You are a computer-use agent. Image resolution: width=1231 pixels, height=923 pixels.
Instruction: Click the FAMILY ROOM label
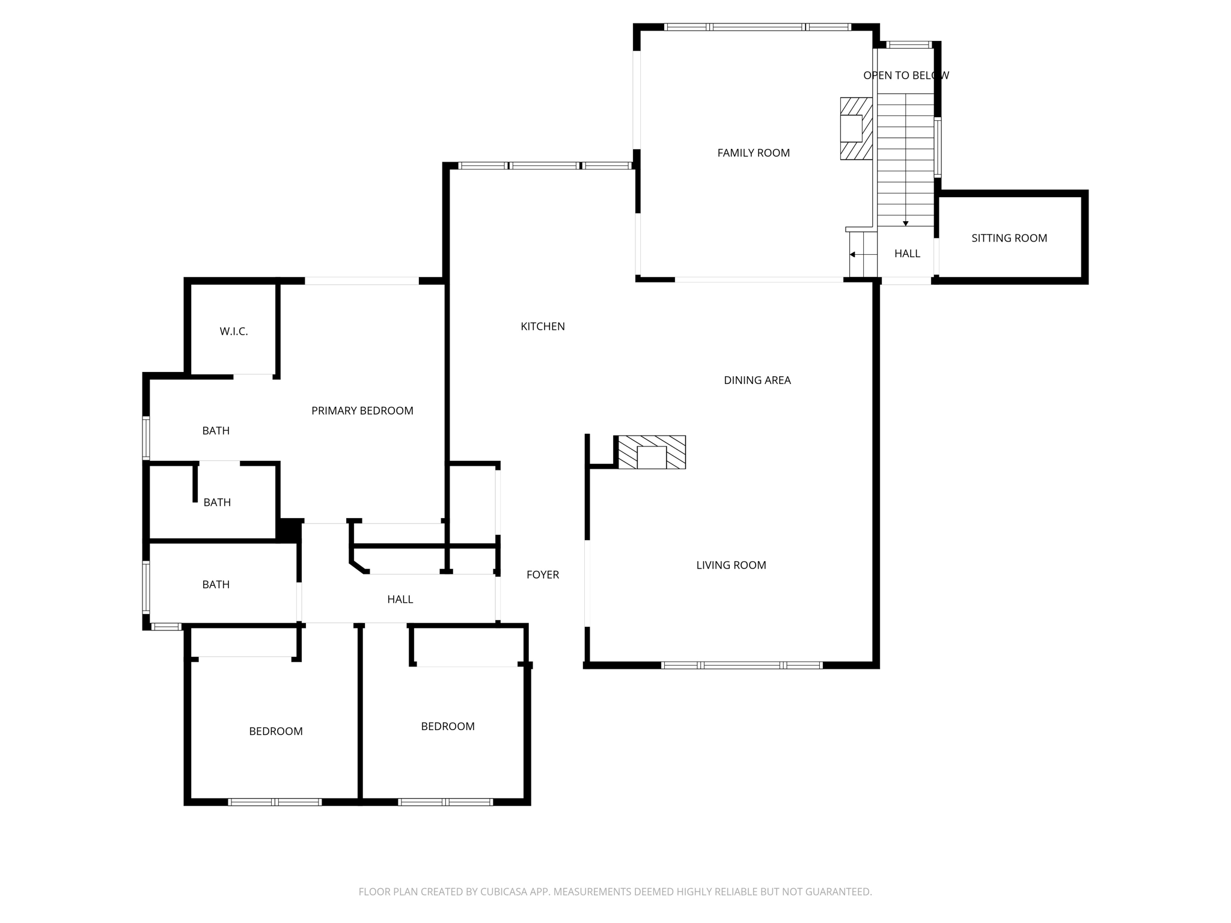click(x=753, y=153)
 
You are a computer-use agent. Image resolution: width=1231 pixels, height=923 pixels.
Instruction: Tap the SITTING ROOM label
click(x=1009, y=238)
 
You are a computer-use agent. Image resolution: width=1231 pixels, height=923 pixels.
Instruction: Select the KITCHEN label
click(x=542, y=326)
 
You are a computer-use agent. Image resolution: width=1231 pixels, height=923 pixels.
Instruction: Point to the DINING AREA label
click(x=757, y=380)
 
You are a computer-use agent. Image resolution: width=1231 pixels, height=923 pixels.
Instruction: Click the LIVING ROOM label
click(x=731, y=565)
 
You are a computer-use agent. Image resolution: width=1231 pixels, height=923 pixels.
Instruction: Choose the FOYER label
click(x=542, y=574)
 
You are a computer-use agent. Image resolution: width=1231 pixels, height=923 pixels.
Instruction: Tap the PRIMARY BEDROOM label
click(x=362, y=410)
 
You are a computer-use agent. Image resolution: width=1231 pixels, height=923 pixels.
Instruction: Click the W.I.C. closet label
click(x=233, y=331)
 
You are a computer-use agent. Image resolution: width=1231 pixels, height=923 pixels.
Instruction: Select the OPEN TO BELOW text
click(x=906, y=75)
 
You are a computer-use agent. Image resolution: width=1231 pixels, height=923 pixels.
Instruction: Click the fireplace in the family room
click(x=855, y=129)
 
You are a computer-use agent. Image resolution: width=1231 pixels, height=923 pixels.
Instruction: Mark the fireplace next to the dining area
click(x=652, y=452)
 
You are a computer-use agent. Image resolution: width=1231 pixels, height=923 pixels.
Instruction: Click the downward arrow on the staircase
click(x=905, y=223)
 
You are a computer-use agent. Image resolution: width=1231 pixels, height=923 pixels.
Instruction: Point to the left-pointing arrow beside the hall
click(x=853, y=254)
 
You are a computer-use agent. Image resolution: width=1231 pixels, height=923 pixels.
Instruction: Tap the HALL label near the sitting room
click(x=907, y=254)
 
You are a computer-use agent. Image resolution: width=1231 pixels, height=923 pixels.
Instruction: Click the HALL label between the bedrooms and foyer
click(x=400, y=599)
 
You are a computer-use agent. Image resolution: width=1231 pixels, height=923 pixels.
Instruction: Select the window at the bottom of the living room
click(x=741, y=665)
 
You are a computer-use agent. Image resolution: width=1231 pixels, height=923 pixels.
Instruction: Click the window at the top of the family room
click(x=757, y=27)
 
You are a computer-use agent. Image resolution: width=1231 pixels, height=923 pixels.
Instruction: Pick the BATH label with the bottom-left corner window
click(x=216, y=584)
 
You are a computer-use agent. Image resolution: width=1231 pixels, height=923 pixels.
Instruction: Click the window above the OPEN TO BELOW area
click(x=909, y=44)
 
